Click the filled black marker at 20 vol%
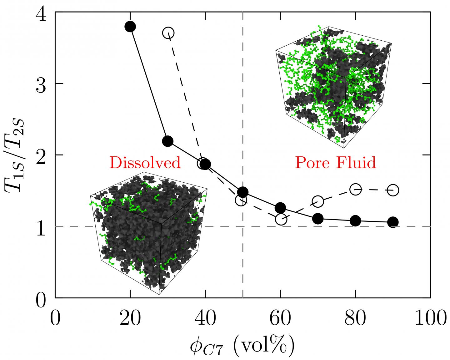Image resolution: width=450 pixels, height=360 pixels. [x=130, y=27]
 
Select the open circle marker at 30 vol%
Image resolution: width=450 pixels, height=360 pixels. [x=168, y=33]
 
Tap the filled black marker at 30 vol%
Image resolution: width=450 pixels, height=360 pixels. [x=168, y=141]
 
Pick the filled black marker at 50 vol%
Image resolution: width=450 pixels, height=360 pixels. [x=243, y=192]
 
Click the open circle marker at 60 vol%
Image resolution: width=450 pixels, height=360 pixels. [x=281, y=219]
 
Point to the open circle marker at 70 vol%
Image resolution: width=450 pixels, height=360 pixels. [x=318, y=201]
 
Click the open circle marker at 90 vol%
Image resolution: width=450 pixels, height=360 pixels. [x=393, y=190]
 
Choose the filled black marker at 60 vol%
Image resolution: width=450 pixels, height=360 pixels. [x=280, y=207]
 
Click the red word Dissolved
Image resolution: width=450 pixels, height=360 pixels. [x=145, y=162]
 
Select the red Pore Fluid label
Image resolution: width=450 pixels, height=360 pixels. [x=335, y=162]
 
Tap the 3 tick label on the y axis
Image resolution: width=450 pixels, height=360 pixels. [x=41, y=84]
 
